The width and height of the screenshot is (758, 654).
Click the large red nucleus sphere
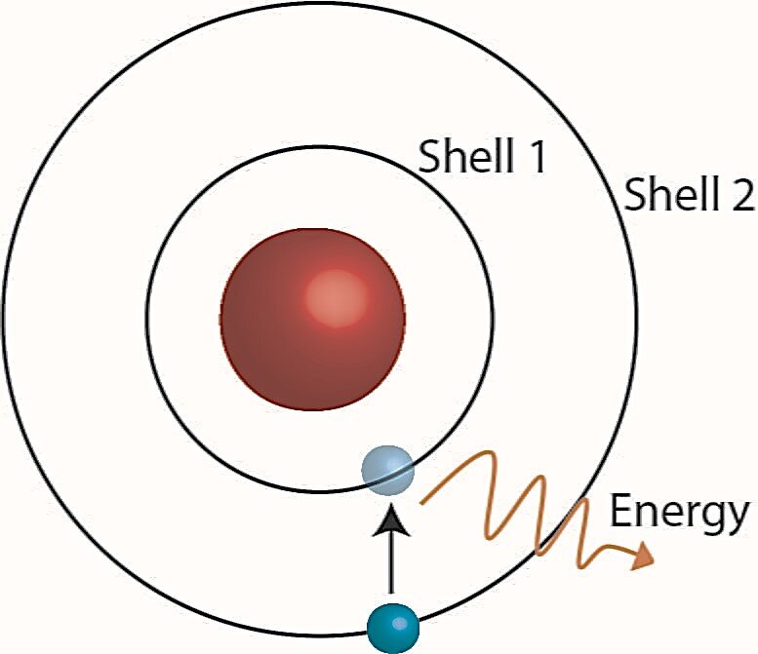pyautogui.click(x=313, y=320)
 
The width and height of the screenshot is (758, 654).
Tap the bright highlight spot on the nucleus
pyautogui.click(x=337, y=298)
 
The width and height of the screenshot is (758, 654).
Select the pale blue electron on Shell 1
pyautogui.click(x=387, y=471)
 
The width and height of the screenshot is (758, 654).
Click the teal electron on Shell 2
pyautogui.click(x=393, y=628)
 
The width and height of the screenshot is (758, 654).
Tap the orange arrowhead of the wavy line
pyautogui.click(x=643, y=556)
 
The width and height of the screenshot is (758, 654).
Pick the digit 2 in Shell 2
pyautogui.click(x=742, y=194)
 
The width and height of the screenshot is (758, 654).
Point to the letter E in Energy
pyautogui.click(x=620, y=510)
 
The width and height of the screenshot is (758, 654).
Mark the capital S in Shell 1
pyautogui.click(x=429, y=156)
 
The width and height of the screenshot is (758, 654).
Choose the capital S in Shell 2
pyautogui.click(x=635, y=194)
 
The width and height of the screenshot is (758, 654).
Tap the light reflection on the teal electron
pyautogui.click(x=398, y=624)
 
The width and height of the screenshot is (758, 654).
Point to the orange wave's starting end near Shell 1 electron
pyautogui.click(x=421, y=504)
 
